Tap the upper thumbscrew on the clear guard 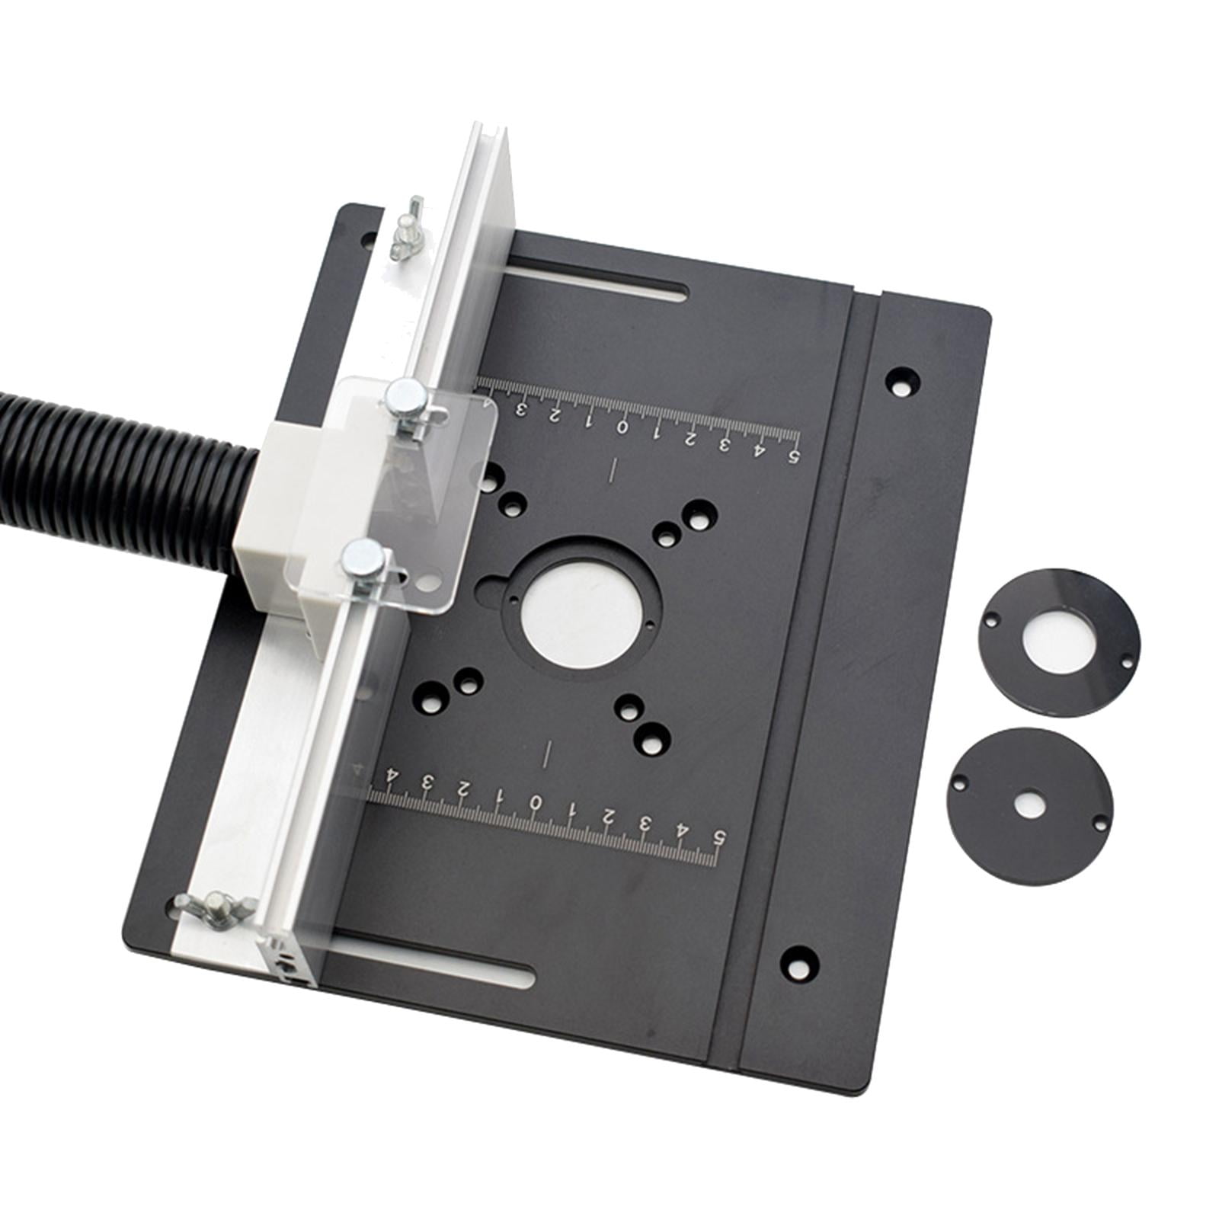(x=403, y=398)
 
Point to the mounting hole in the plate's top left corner (x=368, y=238)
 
